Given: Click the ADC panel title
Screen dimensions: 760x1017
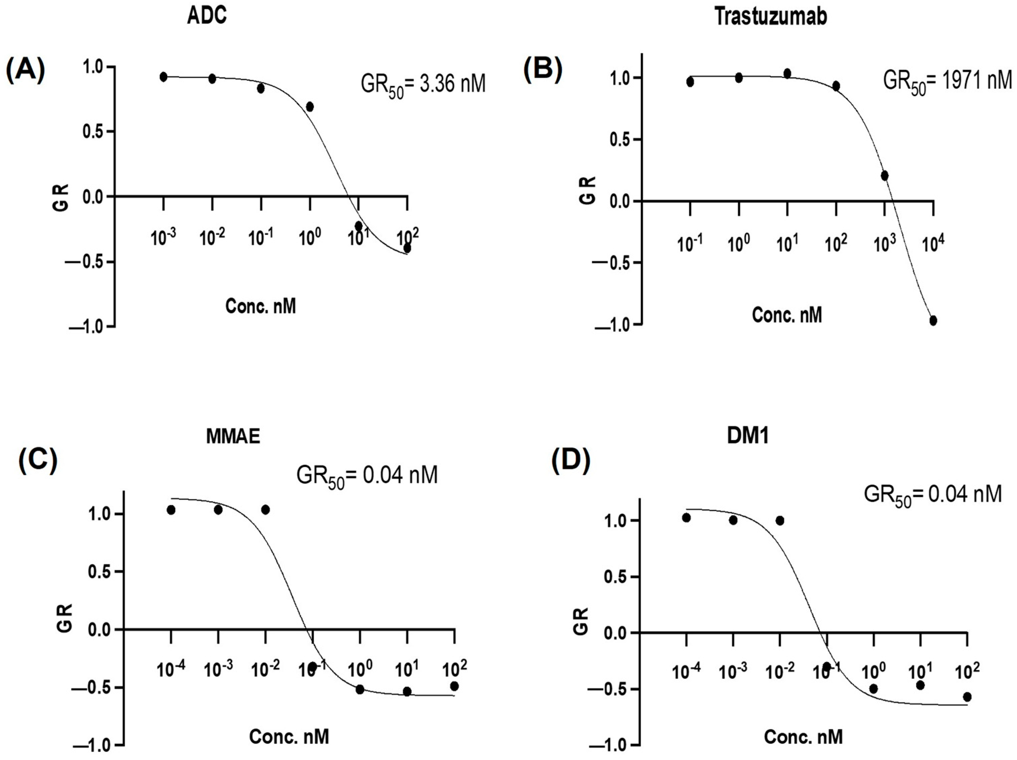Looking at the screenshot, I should [207, 16].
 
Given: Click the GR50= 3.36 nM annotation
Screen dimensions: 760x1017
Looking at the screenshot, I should [423, 85].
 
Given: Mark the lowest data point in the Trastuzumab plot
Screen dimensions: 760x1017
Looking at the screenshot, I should [933, 321].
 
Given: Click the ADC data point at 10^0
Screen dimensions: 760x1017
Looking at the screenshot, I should [310, 107].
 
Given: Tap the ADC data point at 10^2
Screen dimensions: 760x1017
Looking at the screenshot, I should [407, 248].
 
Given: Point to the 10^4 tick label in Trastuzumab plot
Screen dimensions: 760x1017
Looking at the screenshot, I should [933, 244].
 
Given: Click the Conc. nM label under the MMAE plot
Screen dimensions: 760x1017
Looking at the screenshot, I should [289, 737].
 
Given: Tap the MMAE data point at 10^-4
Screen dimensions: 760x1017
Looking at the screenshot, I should [171, 510].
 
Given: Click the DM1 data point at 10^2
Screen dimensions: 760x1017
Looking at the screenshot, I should [967, 697].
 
